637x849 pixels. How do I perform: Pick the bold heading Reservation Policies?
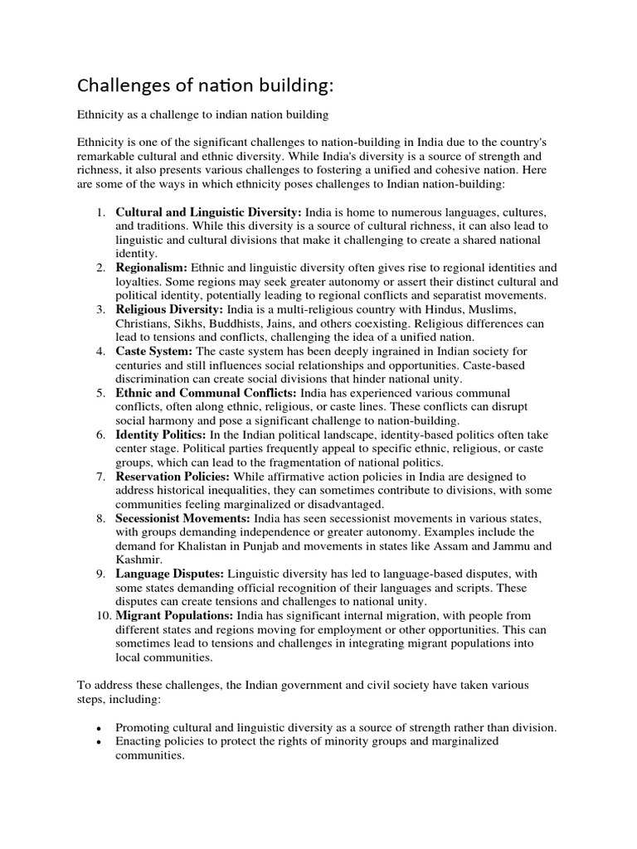tap(173, 477)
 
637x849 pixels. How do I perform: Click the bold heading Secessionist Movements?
tap(182, 518)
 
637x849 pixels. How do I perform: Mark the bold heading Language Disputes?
tap(169, 574)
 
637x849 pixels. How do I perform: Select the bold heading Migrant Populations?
tap(174, 616)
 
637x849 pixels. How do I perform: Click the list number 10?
tap(100, 616)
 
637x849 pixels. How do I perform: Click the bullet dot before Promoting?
tap(100, 728)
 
